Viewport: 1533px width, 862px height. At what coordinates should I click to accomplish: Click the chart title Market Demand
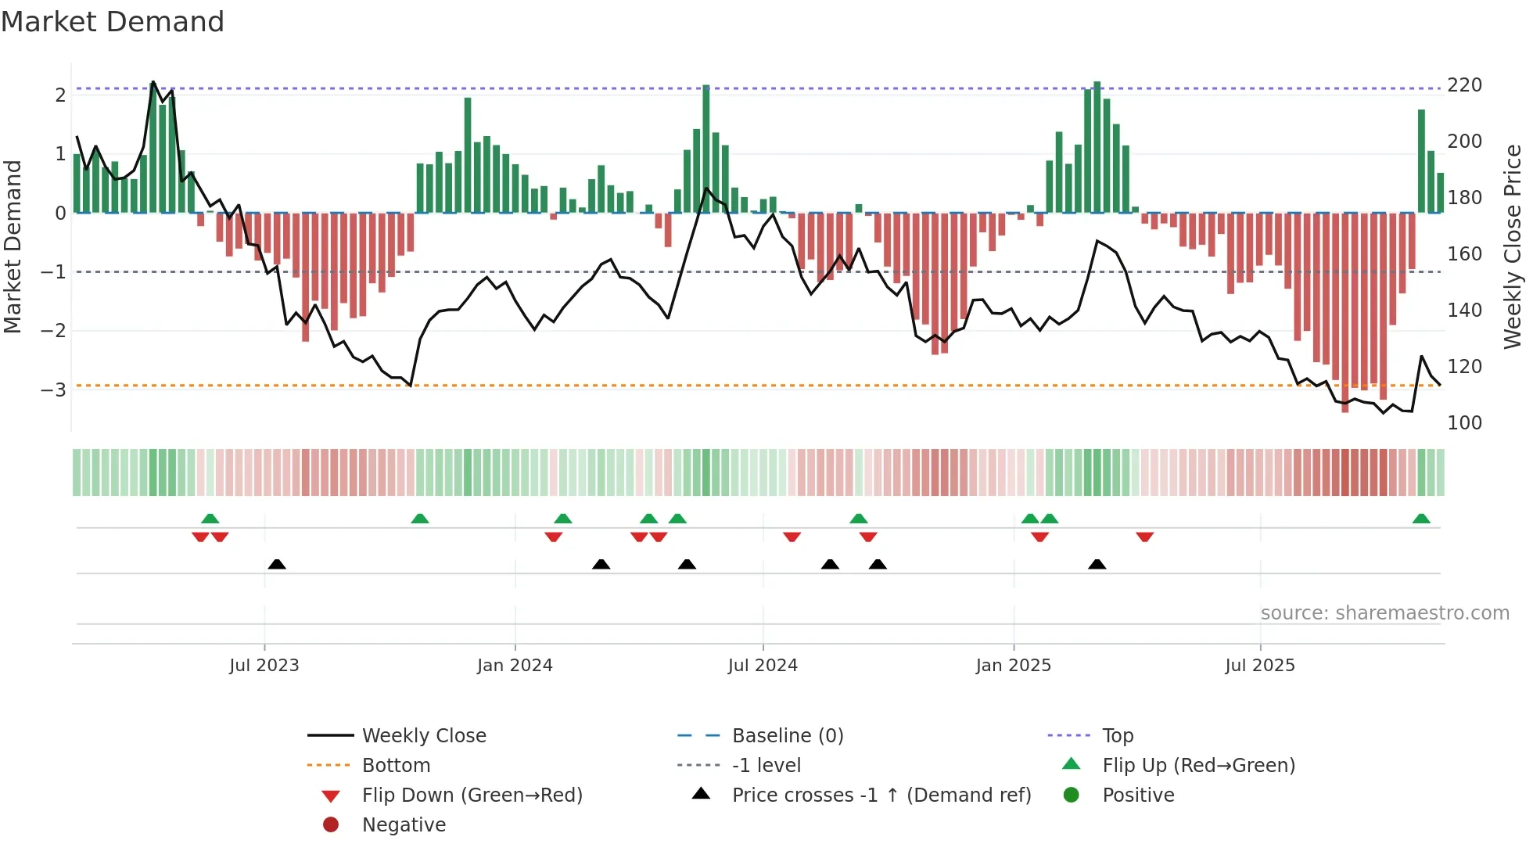coord(113,22)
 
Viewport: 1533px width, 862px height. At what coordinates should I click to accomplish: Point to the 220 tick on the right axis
coord(1464,85)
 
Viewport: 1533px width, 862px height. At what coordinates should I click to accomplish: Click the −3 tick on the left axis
coord(54,390)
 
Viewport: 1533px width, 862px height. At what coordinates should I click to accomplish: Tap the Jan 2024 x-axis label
coord(515,666)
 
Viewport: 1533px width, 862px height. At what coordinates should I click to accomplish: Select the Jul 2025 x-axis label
coord(1260,666)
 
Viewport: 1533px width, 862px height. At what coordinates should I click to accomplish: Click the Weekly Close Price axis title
coord(1513,246)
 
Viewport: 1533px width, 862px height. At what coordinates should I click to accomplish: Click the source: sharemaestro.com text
coord(1384,613)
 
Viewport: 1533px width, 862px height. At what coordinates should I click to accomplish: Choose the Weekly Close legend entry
coord(423,736)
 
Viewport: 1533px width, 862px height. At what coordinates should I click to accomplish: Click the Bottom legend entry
coord(396,766)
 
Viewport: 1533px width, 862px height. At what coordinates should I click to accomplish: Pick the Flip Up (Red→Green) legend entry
coord(1198,766)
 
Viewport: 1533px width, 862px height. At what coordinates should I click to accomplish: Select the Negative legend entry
coord(404,825)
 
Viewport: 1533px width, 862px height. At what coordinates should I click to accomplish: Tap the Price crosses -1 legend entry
coord(881,796)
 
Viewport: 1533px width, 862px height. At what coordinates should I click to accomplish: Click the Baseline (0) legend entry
coord(787,736)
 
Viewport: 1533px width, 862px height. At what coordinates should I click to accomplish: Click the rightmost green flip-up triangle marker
coord(1421,519)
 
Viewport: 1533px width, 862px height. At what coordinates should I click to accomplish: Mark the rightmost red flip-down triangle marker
coord(1145,537)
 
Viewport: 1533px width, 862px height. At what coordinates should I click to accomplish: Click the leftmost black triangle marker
coord(277,564)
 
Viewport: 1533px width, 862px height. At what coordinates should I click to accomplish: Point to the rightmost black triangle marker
coord(1097,564)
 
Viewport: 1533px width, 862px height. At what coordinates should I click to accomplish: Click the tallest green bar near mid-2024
coord(706,149)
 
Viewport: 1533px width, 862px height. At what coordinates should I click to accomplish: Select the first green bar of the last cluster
coord(1421,161)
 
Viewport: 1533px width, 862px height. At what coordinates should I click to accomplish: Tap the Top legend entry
coord(1118,736)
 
